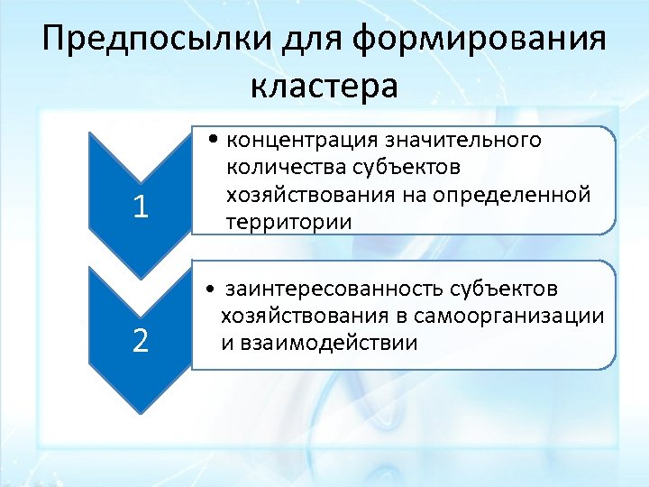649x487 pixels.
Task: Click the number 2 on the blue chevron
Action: tap(139, 341)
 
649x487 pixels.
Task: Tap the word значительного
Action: tap(463, 141)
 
